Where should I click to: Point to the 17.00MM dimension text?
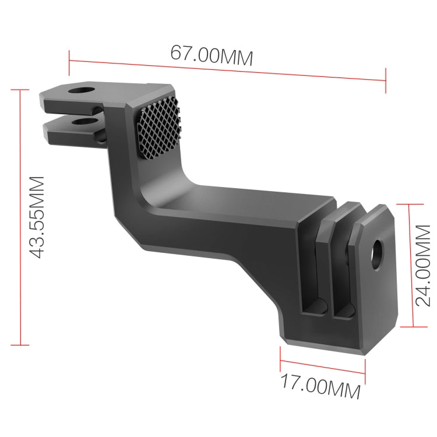(320, 385)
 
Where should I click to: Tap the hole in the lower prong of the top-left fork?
(86, 122)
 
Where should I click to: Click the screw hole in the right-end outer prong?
(378, 250)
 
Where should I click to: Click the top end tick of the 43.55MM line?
(19, 90)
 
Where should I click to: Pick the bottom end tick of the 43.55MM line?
(19, 345)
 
